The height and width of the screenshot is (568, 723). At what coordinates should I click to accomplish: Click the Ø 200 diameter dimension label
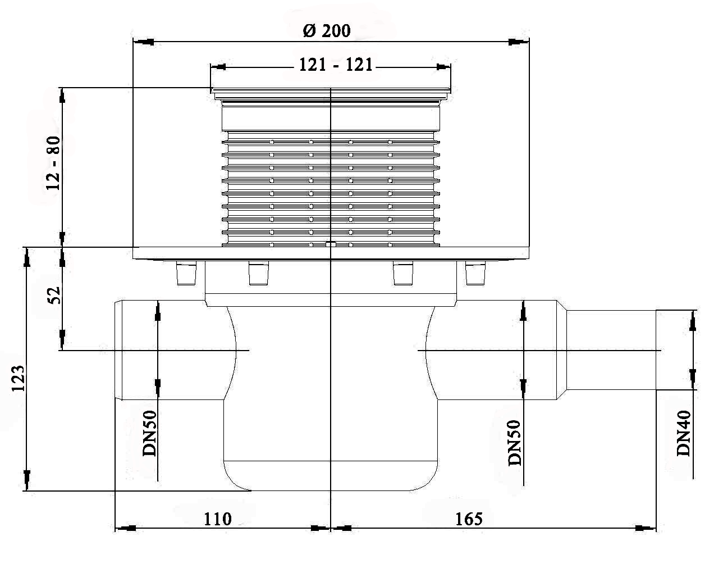(326, 31)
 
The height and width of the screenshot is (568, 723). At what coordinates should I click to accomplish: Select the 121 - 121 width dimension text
(336, 65)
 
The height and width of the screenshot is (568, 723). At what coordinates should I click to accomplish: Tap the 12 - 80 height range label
(53, 163)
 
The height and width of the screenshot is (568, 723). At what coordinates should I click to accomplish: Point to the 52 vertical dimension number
(54, 295)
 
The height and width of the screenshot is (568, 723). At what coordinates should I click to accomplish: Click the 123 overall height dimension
(19, 379)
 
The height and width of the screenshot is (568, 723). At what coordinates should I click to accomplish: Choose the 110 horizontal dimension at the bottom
(218, 519)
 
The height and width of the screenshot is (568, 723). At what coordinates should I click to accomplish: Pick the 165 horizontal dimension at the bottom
(469, 519)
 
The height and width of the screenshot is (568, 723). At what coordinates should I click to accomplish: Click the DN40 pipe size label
(684, 433)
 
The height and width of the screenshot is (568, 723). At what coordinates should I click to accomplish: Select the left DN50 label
(149, 433)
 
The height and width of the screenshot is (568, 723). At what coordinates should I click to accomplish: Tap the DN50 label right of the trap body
(514, 443)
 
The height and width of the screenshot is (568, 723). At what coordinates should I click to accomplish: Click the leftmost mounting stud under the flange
(186, 274)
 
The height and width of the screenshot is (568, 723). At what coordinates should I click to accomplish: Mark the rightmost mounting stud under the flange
(475, 274)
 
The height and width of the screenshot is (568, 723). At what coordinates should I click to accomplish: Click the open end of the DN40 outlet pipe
(656, 350)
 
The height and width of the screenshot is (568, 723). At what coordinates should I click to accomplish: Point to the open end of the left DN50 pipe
(118, 350)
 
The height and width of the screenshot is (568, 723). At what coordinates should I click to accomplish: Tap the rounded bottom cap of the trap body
(331, 476)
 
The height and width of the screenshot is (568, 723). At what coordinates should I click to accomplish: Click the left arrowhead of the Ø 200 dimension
(144, 42)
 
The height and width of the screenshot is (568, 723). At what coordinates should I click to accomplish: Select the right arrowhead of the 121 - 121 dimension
(443, 67)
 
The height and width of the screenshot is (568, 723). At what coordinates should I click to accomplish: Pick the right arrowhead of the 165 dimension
(646, 528)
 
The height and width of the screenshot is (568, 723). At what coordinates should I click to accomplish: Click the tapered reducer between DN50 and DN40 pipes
(562, 350)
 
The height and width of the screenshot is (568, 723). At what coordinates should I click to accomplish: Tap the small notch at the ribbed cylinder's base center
(331, 244)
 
